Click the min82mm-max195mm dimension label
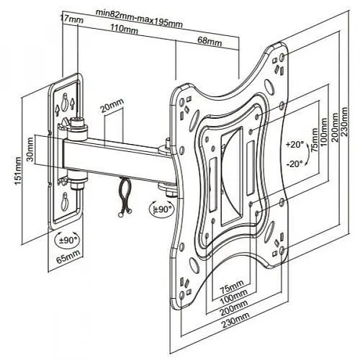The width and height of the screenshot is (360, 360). point(139,19)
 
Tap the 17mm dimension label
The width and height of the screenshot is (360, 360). point(72,19)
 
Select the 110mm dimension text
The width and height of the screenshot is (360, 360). point(124,29)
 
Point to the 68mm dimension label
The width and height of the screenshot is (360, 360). point(210,42)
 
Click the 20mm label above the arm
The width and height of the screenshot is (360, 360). point(112,105)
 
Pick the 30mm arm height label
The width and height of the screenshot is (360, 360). point(30,149)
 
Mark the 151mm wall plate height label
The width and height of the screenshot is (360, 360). point(18,171)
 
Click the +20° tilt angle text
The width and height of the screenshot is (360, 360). point(295,145)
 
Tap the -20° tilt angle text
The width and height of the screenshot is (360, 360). point(295,164)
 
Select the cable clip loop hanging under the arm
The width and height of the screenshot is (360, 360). point(125,197)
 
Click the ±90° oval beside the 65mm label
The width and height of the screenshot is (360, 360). point(67,240)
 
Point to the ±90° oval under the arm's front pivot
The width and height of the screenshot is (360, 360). point(161,209)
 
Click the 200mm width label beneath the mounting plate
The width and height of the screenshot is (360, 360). point(234,308)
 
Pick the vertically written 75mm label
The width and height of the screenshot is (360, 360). point(315,140)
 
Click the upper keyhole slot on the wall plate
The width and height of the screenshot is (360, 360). point(64,102)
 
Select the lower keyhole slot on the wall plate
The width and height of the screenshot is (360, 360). point(64,201)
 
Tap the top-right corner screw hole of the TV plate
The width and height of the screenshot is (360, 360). point(282,57)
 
